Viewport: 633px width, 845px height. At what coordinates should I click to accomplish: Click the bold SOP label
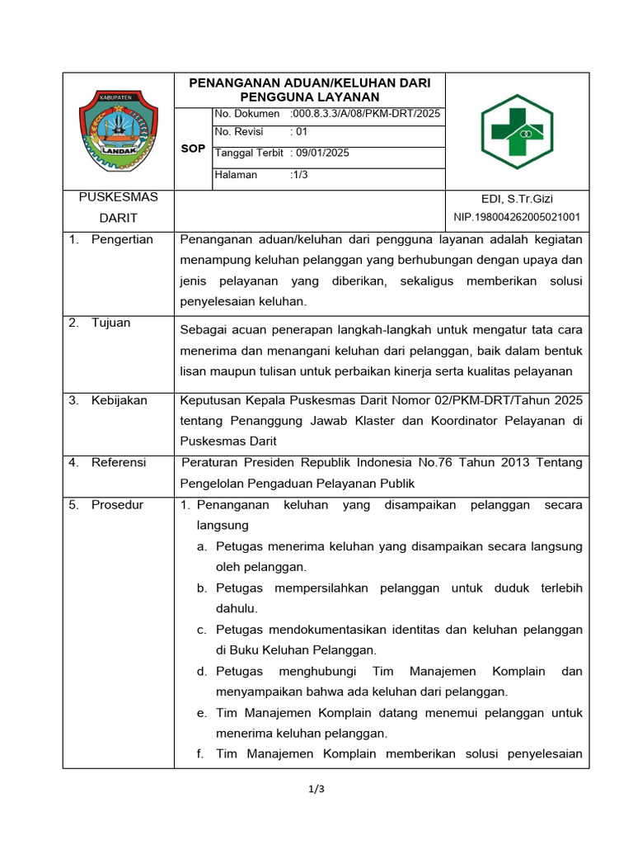tap(193, 149)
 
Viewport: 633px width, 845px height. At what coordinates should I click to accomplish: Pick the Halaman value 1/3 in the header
tap(298, 175)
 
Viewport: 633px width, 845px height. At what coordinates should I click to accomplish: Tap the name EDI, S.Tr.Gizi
tap(517, 199)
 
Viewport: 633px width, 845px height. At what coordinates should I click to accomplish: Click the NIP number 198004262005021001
tap(517, 218)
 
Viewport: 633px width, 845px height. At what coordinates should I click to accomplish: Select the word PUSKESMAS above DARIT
tap(118, 198)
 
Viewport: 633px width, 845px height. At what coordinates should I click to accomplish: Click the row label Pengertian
tap(122, 239)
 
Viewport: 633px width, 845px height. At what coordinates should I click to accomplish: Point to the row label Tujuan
tap(110, 323)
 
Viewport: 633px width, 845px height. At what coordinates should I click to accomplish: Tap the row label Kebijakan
tap(120, 400)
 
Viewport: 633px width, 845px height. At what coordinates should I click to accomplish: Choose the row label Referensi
tap(119, 462)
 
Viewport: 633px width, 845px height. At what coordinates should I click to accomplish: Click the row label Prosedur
tap(117, 504)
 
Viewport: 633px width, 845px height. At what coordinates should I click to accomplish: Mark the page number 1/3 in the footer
tap(316, 790)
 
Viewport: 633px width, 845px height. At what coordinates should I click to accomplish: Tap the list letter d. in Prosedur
tap(201, 672)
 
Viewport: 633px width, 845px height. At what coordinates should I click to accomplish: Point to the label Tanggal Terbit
tap(249, 153)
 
